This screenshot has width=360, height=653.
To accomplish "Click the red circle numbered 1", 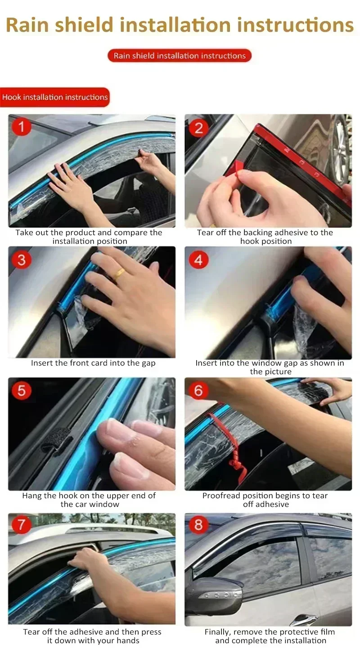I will click(21, 127).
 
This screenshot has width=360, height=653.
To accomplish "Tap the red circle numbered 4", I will click(198, 259).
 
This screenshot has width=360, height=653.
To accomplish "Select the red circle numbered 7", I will click(21, 525).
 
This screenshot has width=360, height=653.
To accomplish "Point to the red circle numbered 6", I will click(198, 390).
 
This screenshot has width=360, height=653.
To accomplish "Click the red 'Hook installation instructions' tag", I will click(54, 97).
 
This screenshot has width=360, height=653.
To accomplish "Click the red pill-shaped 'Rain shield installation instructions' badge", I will click(180, 56).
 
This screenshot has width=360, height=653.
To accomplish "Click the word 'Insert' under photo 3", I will click(42, 363).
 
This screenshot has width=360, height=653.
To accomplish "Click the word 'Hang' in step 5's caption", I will click(31, 496).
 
